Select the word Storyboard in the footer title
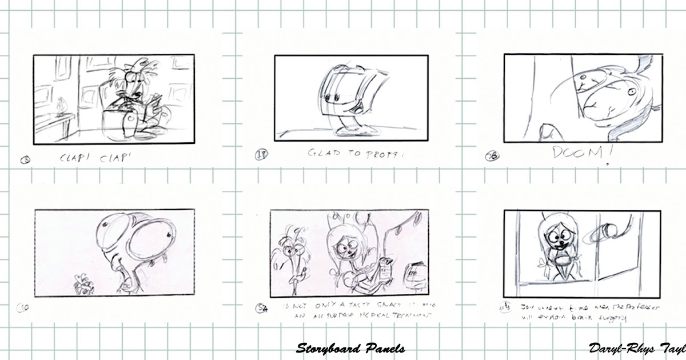(326, 349)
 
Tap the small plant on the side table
(62, 106)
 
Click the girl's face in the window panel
(555, 235)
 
